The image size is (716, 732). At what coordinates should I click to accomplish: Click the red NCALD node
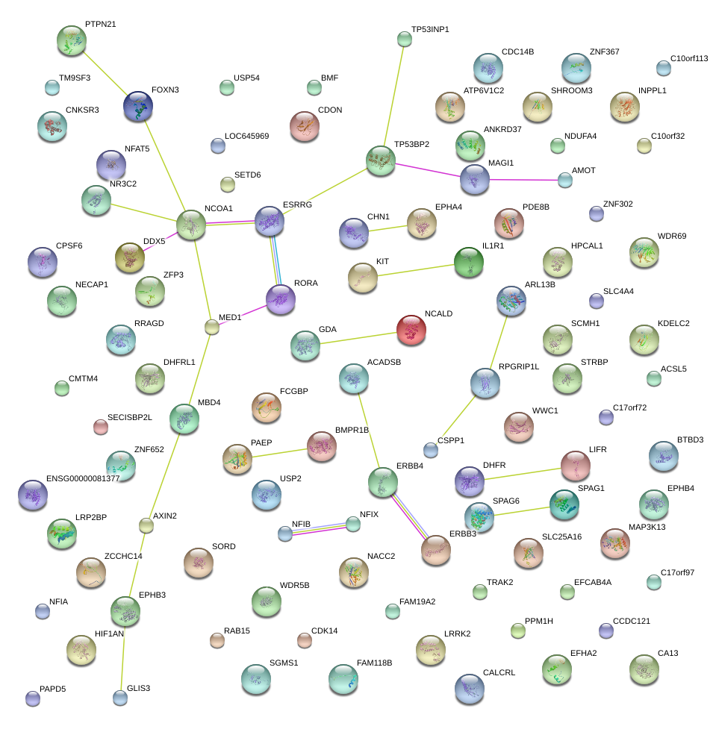click(x=411, y=330)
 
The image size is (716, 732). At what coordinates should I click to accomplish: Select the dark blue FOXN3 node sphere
click(x=139, y=107)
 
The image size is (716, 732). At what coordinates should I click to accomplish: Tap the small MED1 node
click(x=212, y=326)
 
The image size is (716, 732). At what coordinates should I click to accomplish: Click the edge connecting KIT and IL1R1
click(x=416, y=269)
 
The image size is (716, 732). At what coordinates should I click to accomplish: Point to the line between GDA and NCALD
click(x=358, y=337)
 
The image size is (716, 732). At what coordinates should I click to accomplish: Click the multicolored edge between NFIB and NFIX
click(x=319, y=528)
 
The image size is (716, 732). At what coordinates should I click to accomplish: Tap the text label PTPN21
click(x=100, y=25)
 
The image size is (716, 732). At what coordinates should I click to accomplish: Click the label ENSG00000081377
click(x=83, y=478)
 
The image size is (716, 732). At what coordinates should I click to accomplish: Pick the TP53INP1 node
click(x=405, y=39)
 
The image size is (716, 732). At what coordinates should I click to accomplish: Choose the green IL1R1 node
click(x=469, y=262)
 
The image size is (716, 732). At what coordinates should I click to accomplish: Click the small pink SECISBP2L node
click(x=101, y=426)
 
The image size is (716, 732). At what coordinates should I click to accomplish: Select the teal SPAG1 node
click(x=564, y=504)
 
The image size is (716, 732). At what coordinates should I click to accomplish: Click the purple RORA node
click(x=281, y=299)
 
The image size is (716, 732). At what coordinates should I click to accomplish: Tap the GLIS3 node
click(x=120, y=698)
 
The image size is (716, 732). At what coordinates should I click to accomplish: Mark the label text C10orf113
click(x=688, y=58)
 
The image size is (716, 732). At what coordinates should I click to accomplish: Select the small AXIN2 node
click(x=146, y=525)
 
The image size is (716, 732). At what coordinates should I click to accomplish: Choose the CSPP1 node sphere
click(x=431, y=450)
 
